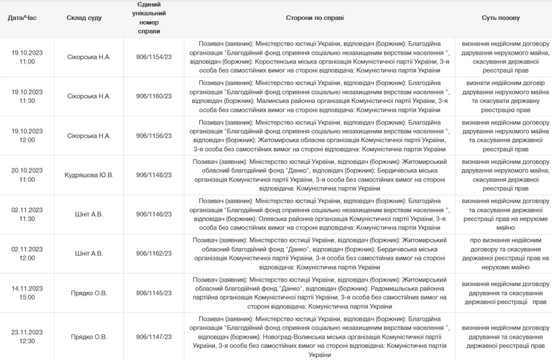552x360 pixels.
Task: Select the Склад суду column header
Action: tap(84, 18)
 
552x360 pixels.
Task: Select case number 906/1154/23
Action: tap(154, 57)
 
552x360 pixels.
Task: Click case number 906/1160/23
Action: tap(154, 96)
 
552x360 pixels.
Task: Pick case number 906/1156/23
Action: tap(154, 136)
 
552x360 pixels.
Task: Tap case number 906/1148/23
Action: tap(154, 175)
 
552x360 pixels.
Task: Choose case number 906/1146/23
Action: tap(154, 214)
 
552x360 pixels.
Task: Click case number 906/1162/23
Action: tap(154, 253)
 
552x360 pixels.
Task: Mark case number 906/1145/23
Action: tap(154, 292)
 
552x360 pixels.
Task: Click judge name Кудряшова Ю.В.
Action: tap(89, 175)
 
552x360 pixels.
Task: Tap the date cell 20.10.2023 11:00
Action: tap(27, 175)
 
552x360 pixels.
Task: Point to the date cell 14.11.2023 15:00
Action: tap(27, 292)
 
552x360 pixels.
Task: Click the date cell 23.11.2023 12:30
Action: tap(27, 336)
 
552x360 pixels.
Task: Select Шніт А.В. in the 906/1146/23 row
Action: tap(89, 214)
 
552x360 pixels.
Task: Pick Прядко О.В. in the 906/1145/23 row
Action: tap(89, 292)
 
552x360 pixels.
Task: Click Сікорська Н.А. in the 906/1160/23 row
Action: tap(89, 96)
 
